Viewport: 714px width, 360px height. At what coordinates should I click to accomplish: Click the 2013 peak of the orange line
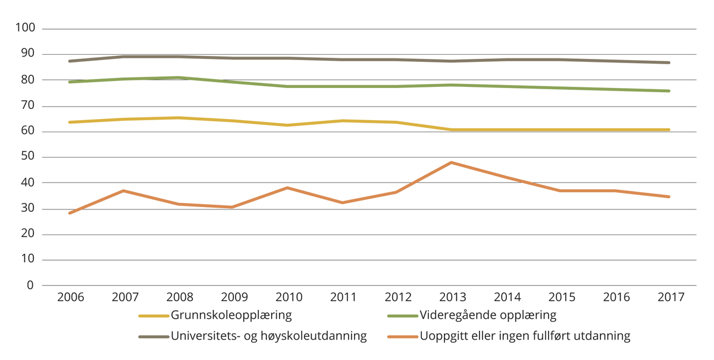(452, 162)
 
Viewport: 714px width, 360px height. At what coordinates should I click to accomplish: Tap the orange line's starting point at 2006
(70, 213)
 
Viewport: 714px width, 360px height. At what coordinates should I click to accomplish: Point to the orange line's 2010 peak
(288, 188)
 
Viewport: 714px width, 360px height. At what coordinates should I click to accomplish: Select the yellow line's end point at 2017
(669, 130)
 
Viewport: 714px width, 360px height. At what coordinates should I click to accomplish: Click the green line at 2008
(179, 78)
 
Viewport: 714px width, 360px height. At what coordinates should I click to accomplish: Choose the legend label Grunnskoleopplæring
(231, 315)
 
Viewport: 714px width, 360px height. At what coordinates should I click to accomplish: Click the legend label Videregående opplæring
(488, 315)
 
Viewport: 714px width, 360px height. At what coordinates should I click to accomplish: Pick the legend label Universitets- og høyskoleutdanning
(268, 336)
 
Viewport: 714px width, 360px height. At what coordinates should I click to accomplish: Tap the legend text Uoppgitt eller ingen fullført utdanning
(525, 336)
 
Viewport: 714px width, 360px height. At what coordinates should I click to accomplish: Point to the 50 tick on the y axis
(29, 157)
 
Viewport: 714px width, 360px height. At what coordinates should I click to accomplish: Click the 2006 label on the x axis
(70, 297)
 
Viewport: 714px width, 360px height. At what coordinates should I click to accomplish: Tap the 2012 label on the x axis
(397, 297)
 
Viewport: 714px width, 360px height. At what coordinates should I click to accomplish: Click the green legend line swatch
(402, 315)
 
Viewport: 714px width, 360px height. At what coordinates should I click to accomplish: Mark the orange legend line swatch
(402, 337)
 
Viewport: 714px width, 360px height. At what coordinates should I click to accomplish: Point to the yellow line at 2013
(452, 130)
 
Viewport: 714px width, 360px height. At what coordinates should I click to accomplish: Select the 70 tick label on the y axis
(29, 106)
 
